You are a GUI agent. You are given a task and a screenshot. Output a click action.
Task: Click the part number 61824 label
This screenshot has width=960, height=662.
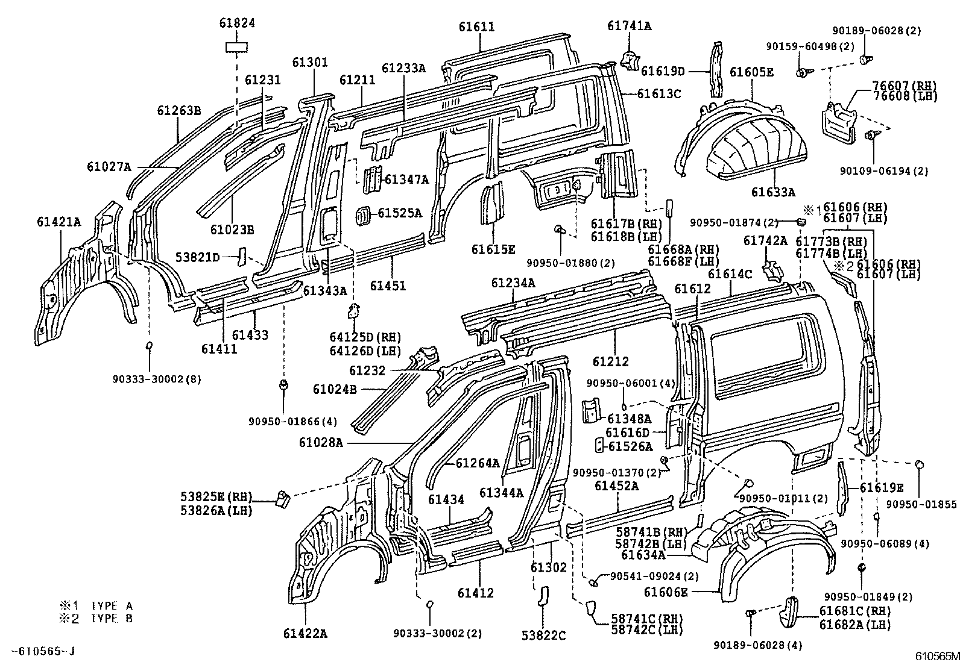[237, 23]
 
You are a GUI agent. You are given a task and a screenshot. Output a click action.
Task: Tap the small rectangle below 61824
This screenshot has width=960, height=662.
[237, 47]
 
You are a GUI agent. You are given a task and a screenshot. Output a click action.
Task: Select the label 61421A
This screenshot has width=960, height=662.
[58, 222]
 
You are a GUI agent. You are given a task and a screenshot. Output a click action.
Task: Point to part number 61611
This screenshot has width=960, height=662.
[476, 27]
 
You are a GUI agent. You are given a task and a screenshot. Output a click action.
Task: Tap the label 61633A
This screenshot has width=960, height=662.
[773, 192]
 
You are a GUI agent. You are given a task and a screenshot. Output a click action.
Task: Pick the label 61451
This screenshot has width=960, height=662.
[387, 286]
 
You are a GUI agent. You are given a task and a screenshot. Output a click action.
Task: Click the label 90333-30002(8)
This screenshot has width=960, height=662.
[157, 379]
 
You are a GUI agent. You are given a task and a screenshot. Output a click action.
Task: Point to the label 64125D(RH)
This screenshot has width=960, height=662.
[365, 337]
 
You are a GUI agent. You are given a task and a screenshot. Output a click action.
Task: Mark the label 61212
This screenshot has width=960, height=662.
[610, 361]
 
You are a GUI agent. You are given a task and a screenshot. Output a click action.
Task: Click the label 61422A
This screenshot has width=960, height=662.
[305, 633]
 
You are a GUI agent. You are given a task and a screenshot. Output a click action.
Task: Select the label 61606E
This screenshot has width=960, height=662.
[666, 592]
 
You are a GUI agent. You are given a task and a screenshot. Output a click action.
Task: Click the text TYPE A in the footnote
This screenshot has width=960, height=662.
[112, 606]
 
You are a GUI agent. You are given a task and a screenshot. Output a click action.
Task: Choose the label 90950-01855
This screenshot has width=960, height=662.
[921, 504]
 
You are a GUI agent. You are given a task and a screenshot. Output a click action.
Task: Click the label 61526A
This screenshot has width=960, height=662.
[630, 446]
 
